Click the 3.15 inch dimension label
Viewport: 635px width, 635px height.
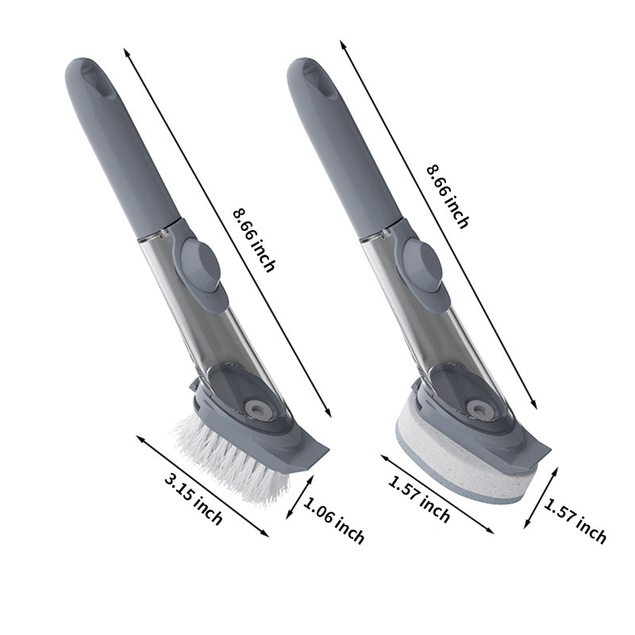pos(193,498)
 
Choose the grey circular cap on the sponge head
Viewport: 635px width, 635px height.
pos(478,410)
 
